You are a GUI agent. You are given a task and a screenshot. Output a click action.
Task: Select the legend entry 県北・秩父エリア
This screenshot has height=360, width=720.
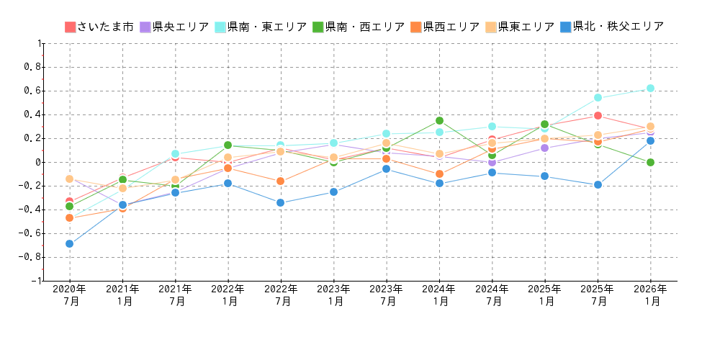point(611,27)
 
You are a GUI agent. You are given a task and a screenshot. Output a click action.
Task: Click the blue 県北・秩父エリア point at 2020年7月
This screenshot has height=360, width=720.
point(69,244)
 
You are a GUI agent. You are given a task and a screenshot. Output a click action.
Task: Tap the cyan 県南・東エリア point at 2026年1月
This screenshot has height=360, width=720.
point(650,89)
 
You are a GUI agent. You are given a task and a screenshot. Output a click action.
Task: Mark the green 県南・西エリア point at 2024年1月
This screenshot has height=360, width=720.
point(439,121)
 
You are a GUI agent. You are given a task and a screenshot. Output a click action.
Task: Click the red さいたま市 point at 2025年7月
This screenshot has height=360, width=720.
point(598,116)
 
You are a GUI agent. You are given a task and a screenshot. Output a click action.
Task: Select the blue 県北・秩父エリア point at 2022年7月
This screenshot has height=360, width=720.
point(280,203)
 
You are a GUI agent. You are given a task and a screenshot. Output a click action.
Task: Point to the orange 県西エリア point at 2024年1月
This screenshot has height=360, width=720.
point(439,174)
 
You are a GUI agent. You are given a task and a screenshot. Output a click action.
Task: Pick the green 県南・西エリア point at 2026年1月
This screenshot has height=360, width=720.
point(650,163)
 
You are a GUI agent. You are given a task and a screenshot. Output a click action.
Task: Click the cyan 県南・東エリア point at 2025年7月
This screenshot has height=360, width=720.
point(598,98)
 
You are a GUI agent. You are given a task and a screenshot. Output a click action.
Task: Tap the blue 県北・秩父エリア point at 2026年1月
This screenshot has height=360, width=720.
point(650,141)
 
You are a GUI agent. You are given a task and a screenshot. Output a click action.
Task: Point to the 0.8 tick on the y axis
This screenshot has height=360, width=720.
point(32,67)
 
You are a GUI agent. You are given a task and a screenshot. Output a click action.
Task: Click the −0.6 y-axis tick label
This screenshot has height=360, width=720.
point(30,233)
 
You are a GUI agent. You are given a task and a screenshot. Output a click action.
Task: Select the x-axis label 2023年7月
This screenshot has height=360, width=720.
point(386,295)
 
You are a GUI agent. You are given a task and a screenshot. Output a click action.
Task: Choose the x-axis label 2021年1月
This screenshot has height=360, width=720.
point(122,295)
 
